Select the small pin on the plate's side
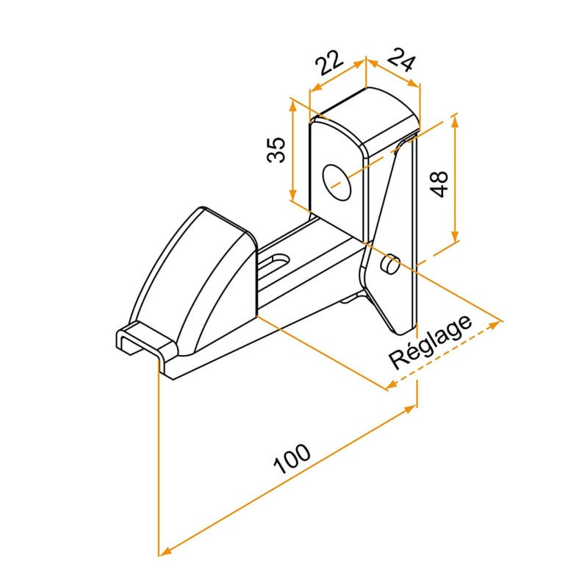[x=391, y=262]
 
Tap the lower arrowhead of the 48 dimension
[x=456, y=237]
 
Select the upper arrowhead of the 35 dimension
[x=294, y=103]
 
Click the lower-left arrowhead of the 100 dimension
[x=163, y=551]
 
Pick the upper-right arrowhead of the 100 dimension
[x=413, y=407]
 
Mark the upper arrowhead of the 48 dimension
[x=456, y=118]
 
